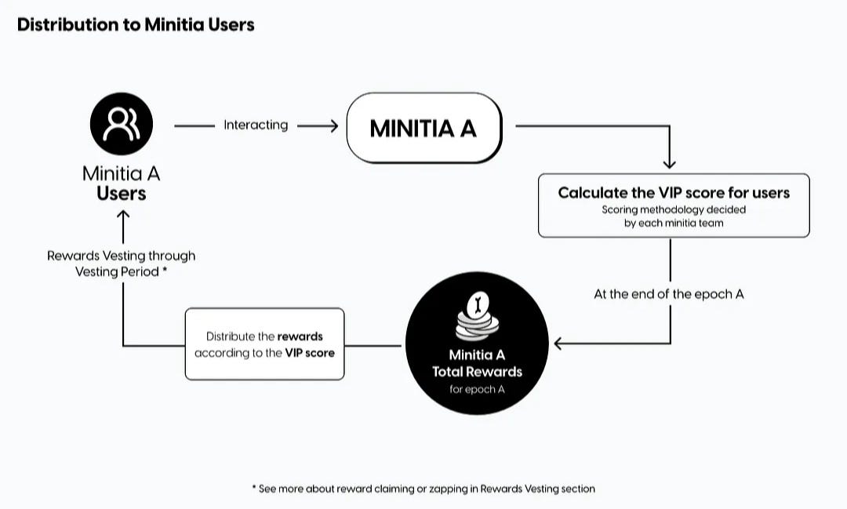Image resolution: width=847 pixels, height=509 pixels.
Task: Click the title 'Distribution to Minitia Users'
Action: (136, 25)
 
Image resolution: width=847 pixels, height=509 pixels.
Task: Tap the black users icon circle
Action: (122, 124)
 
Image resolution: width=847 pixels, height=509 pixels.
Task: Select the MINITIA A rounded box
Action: (424, 128)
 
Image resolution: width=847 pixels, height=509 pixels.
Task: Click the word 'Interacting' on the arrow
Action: (256, 125)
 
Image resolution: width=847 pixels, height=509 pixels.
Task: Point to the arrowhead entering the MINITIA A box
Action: (334, 126)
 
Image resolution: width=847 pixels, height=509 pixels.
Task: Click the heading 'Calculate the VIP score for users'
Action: (674, 193)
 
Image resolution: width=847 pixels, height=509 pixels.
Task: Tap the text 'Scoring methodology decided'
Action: (674, 209)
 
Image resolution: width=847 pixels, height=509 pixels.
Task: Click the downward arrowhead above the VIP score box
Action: (669, 164)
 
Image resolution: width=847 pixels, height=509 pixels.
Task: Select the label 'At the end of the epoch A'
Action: (669, 294)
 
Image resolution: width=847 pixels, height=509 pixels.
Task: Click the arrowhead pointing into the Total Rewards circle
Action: (558, 343)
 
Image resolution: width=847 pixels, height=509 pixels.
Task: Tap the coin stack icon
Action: (477, 316)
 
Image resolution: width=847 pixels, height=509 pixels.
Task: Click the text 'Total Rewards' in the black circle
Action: (477, 372)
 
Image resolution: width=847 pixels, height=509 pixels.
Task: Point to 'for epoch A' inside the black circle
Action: (477, 389)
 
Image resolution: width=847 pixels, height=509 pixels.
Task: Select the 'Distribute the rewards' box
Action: (265, 344)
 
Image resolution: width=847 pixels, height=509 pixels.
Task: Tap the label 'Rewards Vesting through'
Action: (121, 256)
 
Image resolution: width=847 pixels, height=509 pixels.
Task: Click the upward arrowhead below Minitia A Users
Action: (123, 216)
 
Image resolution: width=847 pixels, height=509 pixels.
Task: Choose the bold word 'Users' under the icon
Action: (122, 194)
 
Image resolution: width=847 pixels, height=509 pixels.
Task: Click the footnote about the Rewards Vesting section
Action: (423, 489)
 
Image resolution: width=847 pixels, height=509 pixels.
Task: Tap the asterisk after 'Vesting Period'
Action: (165, 270)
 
